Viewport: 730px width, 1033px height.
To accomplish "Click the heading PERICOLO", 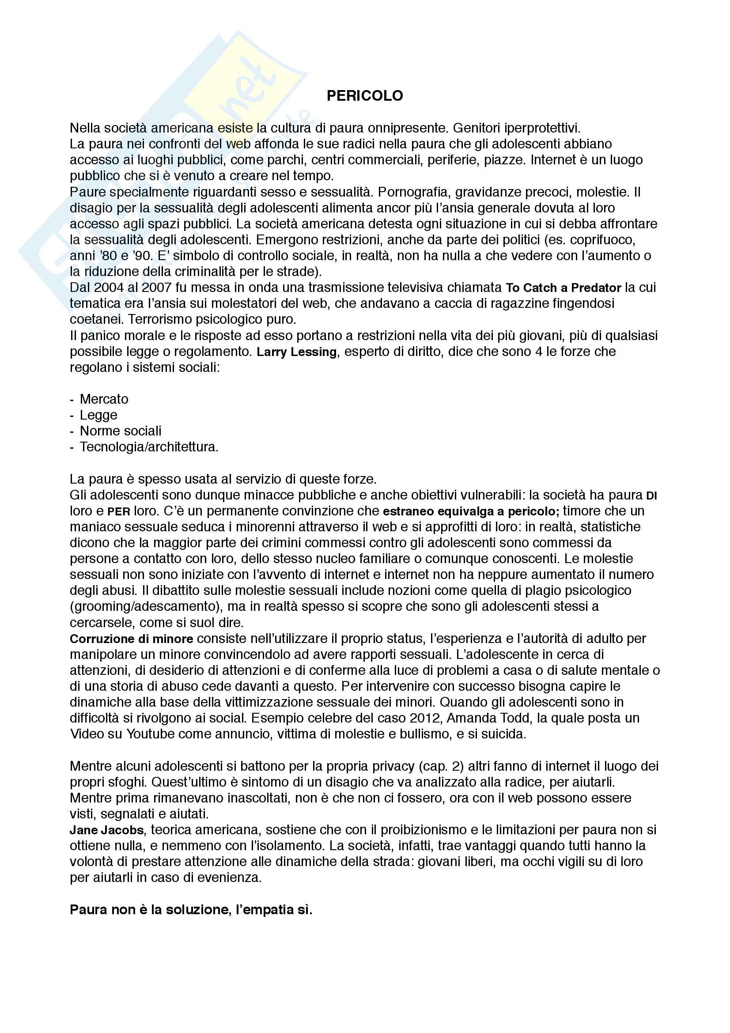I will (364, 96).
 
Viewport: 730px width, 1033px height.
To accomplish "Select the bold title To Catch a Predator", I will (563, 288).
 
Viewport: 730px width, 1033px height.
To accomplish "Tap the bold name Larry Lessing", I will (296, 352).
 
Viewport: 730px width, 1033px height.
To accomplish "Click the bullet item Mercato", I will (104, 399).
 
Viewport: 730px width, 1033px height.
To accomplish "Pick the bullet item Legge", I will (98, 415).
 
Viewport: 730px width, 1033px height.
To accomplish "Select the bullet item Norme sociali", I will (121, 431).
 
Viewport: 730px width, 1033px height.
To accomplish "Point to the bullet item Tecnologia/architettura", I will (149, 447).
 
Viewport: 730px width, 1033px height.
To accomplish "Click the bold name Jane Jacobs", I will (106, 830).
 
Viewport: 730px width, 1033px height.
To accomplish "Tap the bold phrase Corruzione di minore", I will (131, 639).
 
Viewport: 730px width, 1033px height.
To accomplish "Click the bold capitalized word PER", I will (119, 511).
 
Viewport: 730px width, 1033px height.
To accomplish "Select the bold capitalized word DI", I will (651, 496).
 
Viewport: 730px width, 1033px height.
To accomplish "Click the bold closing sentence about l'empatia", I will (191, 910).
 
